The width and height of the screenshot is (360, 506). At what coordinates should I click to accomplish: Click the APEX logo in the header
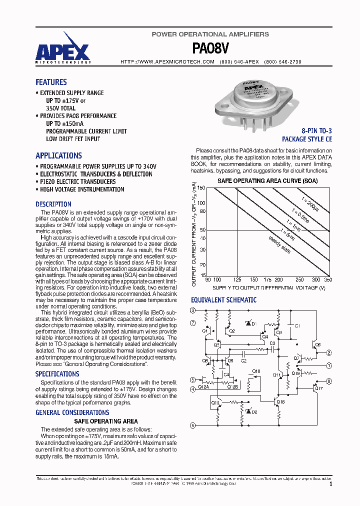point(62,52)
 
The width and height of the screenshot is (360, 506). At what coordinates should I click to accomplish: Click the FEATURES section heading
point(51,82)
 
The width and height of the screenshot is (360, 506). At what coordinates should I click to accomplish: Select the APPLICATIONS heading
point(58,155)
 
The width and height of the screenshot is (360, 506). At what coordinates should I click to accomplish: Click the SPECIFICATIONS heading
point(57,374)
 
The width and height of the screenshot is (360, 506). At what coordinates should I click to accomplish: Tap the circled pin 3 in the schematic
point(193,310)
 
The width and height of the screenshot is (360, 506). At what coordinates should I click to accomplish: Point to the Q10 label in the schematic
point(256,371)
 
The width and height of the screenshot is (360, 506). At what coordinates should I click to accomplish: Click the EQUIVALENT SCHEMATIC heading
point(223,300)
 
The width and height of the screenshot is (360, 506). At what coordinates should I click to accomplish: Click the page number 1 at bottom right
point(331,484)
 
